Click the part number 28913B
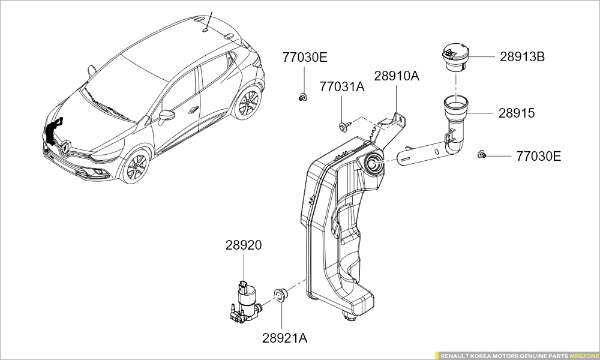pyautogui.click(x=522, y=58)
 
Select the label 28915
pyautogui.click(x=516, y=113)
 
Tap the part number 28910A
pyautogui.click(x=397, y=76)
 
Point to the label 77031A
pyautogui.click(x=341, y=87)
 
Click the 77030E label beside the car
pyautogui.click(x=305, y=58)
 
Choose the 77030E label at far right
pyautogui.click(x=539, y=156)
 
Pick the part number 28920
pyautogui.click(x=244, y=245)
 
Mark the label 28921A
pyautogui.click(x=284, y=338)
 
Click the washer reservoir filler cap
pyautogui.click(x=455, y=59)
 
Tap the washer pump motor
pyautogui.click(x=245, y=300)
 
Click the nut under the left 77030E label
pyautogui.click(x=303, y=97)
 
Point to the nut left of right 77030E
pyautogui.click(x=481, y=155)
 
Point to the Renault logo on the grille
pyautogui.click(x=66, y=145)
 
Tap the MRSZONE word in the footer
pyautogui.click(x=584, y=356)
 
